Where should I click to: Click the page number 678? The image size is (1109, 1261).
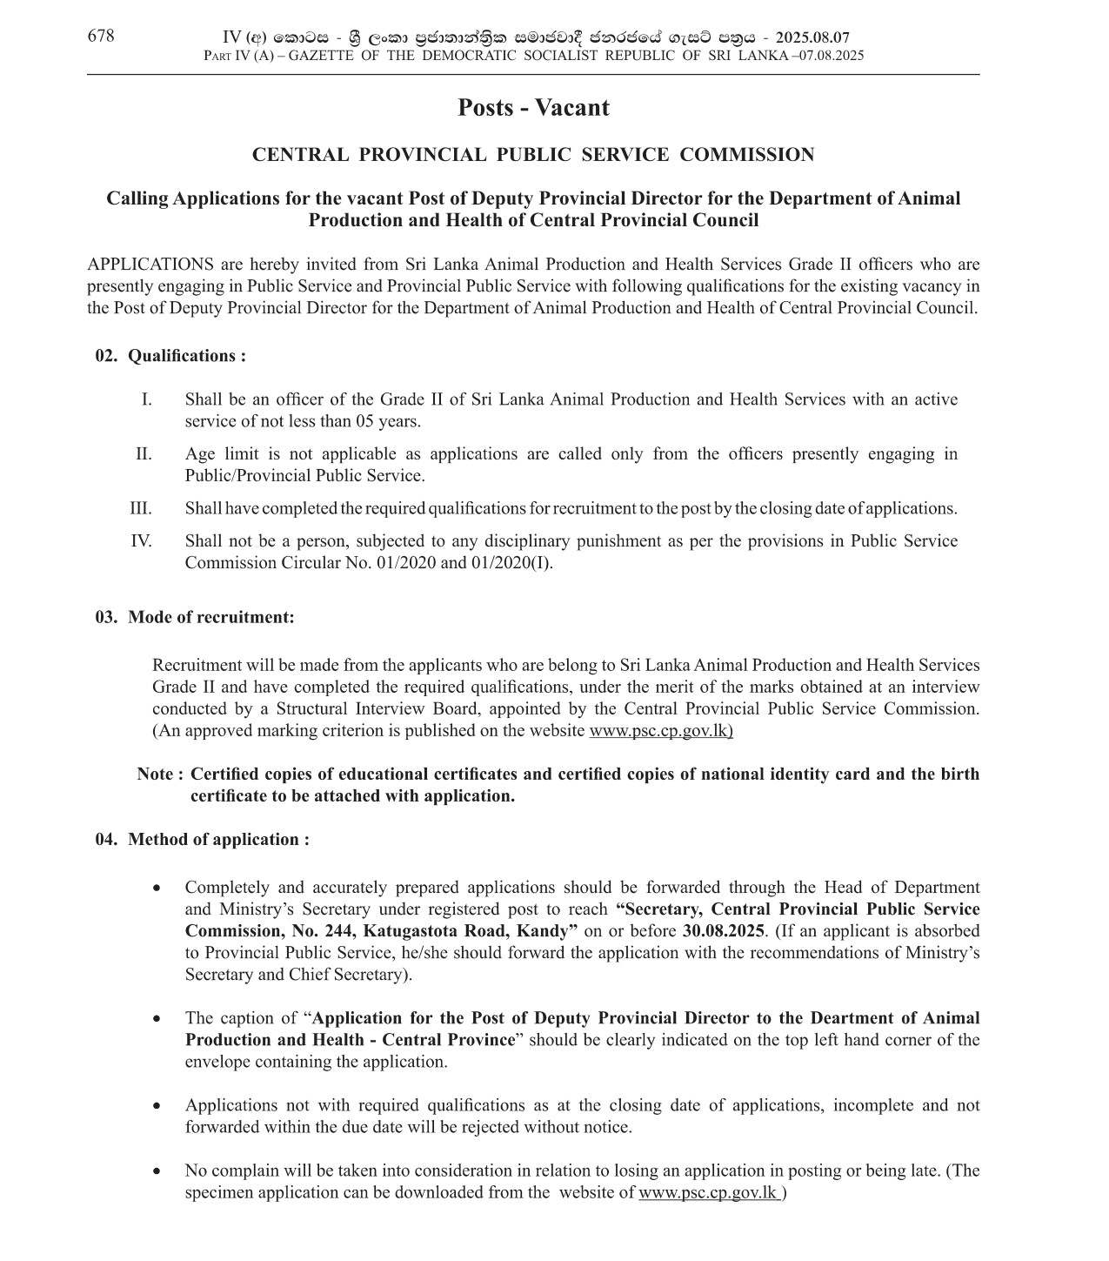point(100,36)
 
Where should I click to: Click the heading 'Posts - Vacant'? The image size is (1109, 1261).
point(533,108)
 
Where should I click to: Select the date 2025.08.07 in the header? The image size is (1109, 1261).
point(812,37)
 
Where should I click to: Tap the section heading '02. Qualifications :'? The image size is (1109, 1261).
point(170,356)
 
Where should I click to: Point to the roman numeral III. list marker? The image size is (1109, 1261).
point(140,508)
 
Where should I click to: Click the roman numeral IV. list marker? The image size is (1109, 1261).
point(141,541)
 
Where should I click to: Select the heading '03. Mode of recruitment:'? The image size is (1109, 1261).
point(195,617)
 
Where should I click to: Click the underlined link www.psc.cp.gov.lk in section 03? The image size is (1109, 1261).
point(660,731)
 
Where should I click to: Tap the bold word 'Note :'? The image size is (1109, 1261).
point(160,775)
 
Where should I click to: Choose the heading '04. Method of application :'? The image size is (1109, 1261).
point(202,840)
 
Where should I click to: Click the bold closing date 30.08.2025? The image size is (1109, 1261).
point(723,931)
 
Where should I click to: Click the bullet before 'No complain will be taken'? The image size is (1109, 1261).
point(157,1171)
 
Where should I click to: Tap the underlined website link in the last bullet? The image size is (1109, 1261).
point(710,1193)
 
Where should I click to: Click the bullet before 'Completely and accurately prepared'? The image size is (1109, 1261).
point(157,889)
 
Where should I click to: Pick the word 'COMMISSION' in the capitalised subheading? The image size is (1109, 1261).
point(746,155)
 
